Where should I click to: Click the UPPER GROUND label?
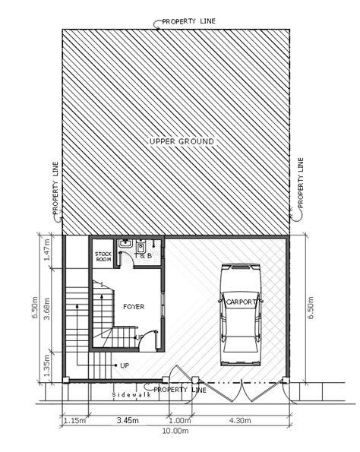[x=182, y=141]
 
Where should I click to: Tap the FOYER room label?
[x=133, y=306]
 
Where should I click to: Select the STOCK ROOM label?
[x=103, y=257]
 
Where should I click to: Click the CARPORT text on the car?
[x=242, y=302]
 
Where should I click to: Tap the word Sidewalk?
[x=131, y=395]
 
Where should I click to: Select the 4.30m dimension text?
[x=241, y=419]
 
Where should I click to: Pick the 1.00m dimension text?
[x=179, y=419]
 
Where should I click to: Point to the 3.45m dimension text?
[x=127, y=419]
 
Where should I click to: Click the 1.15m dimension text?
[x=74, y=419]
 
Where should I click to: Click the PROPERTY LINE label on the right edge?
[x=301, y=185]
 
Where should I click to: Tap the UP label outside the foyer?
[x=124, y=365]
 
